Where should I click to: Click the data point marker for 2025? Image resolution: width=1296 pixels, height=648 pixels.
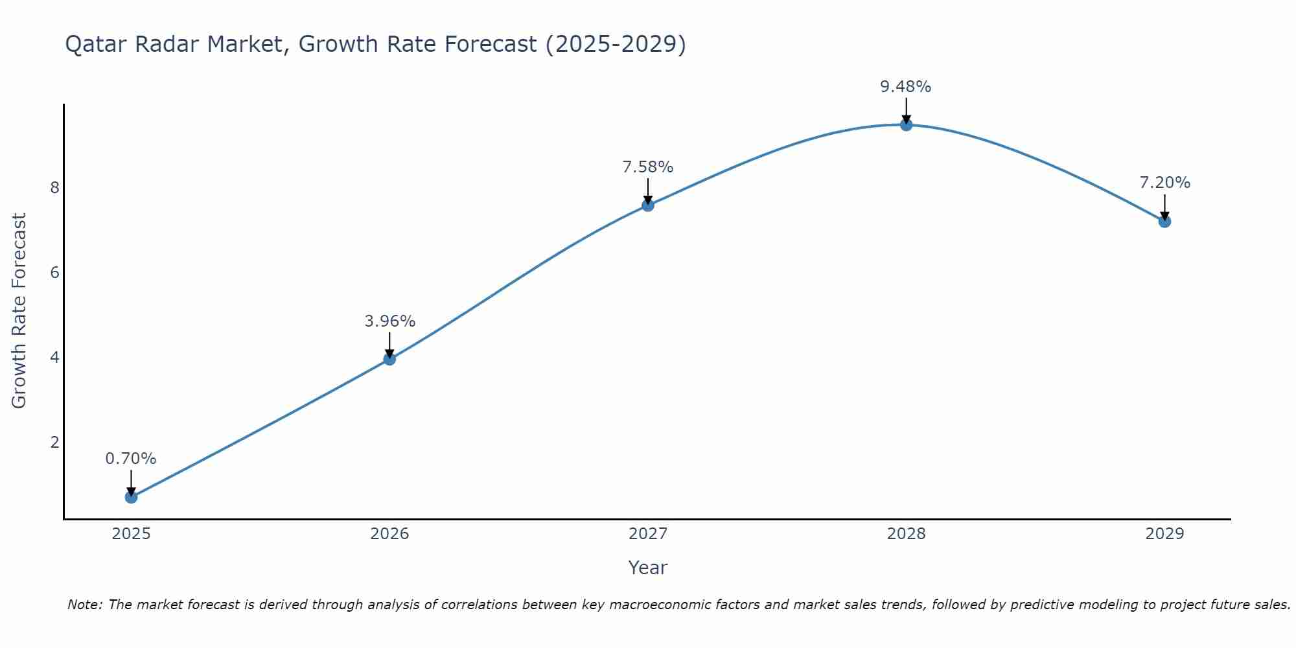click(x=131, y=497)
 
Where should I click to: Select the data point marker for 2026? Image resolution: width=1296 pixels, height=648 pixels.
click(x=389, y=359)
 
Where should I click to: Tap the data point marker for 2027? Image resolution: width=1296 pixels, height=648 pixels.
click(x=648, y=205)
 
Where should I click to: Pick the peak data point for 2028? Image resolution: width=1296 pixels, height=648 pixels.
click(x=906, y=125)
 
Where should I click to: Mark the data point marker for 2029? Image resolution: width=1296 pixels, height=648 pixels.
click(x=1164, y=222)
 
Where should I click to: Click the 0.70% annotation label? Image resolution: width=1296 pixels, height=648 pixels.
click(x=131, y=459)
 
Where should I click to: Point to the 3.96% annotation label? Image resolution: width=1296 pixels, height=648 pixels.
click(x=389, y=321)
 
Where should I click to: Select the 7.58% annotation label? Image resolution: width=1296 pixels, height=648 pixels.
click(x=648, y=167)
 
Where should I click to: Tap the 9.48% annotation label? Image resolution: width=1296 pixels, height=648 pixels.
click(x=905, y=87)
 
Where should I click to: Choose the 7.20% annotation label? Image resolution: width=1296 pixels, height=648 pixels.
click(x=1164, y=183)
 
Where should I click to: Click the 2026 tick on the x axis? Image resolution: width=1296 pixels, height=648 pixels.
click(x=389, y=534)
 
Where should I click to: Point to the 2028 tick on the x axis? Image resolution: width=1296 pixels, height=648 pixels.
click(x=906, y=534)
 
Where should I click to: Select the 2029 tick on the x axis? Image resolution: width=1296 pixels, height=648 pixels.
click(x=1164, y=534)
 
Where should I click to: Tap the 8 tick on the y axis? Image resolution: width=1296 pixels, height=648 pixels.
click(x=54, y=188)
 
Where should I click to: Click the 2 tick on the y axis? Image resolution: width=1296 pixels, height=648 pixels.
click(x=54, y=443)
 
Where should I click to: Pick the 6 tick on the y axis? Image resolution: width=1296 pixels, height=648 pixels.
click(x=54, y=273)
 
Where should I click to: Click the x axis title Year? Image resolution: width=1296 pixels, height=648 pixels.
click(x=647, y=568)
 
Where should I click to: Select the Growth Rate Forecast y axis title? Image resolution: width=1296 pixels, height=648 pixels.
click(x=19, y=311)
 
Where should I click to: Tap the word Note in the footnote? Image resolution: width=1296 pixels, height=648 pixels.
click(x=84, y=605)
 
